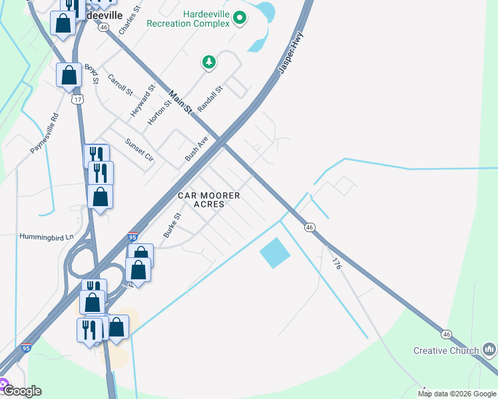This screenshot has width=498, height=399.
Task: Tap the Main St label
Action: coord(180,101)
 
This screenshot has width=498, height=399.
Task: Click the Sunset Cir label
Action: coord(139,150)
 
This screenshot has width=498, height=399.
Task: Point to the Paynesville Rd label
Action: coord(45,134)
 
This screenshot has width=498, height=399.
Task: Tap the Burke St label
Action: coord(172,225)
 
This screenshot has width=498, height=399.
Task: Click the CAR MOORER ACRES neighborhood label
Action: coord(208,199)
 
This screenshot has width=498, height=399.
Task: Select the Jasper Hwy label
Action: coord(291,52)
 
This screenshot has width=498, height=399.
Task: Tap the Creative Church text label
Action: coord(445,350)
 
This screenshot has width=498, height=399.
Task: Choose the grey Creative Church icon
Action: coord(489,348)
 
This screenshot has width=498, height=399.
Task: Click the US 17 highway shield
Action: coord(78,99)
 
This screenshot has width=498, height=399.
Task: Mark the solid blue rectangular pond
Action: coord(275,253)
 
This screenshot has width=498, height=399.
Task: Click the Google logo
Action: coord(23,391)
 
